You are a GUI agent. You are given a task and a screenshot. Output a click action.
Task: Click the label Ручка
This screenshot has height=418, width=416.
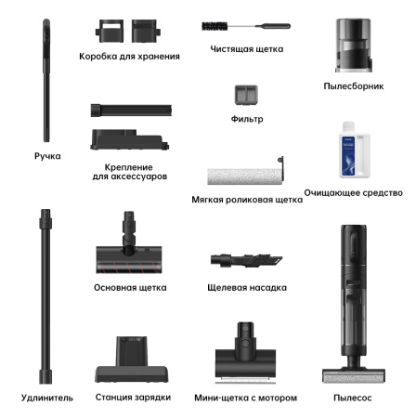tap(47, 156)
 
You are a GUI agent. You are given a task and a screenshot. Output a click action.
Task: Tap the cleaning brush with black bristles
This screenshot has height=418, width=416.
tap(246, 26)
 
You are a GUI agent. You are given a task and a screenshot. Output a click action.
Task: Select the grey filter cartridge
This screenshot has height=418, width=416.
tap(246, 95)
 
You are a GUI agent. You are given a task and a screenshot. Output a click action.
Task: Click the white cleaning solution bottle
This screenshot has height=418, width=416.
tap(355, 150)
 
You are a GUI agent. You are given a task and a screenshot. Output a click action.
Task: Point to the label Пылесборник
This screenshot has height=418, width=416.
tap(354, 86)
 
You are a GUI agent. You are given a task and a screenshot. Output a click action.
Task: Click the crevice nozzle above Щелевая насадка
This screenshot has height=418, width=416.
tap(246, 260)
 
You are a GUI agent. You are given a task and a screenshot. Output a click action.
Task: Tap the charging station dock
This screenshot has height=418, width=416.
tap(132, 359)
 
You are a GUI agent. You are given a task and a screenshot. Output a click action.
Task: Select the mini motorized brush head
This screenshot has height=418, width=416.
tap(245, 353)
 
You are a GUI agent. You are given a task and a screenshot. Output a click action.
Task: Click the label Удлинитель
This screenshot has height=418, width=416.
tap(47, 398)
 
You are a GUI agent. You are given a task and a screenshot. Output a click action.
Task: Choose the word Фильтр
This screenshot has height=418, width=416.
tap(247, 119)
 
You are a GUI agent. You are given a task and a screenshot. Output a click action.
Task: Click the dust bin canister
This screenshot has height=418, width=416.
tap(353, 46)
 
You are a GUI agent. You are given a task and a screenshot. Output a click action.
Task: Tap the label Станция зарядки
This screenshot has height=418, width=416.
tap(133, 398)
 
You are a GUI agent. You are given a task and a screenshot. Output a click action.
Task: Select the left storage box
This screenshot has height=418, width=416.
tap(110, 31)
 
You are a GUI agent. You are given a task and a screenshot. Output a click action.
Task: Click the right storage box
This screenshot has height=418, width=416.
tap(146, 31)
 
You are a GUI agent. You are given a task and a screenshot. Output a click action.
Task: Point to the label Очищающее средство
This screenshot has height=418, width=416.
tap(354, 193)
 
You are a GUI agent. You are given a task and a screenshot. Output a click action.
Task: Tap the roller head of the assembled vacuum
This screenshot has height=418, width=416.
tap(354, 375)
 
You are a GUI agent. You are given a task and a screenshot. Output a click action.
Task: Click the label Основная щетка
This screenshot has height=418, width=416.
tap(130, 288)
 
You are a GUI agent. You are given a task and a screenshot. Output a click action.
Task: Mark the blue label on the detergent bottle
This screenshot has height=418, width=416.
tap(348, 156)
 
